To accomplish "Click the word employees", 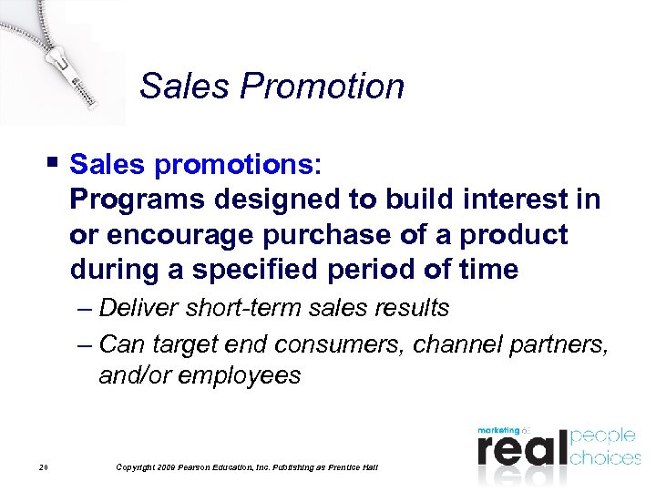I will pyautogui.click(x=238, y=376).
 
